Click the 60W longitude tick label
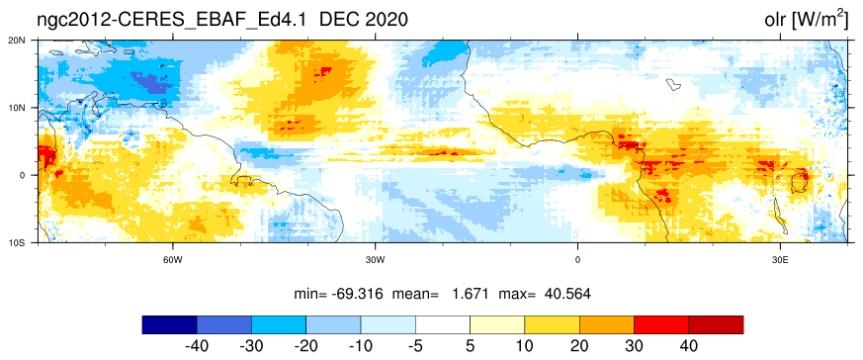coord(173,259)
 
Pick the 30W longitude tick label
coord(375,259)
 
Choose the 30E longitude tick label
coord(779,259)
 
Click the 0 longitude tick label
coord(577,259)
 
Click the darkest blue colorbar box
coord(169,324)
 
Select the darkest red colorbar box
coord(716,324)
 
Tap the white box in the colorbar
coord(443,324)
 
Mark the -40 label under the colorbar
coord(197,347)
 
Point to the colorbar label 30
coord(634,347)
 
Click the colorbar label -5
coord(415,347)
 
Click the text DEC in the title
coord(337,20)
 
